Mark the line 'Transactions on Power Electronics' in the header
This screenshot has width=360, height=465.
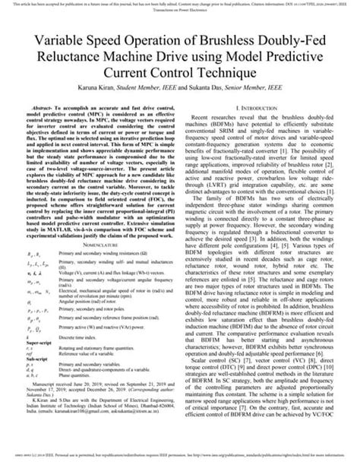point(179,10)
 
